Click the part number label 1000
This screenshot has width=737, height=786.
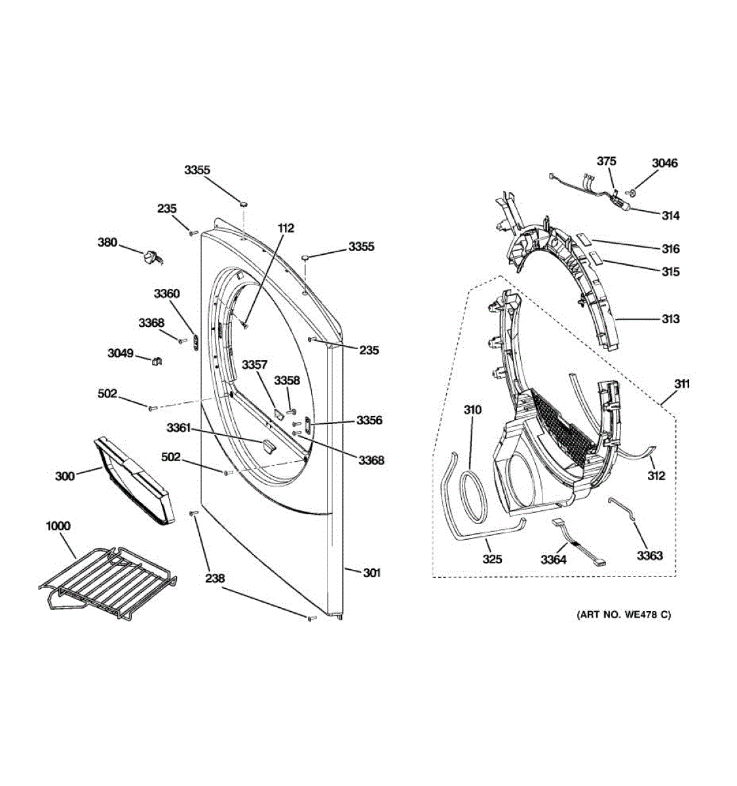click(x=58, y=526)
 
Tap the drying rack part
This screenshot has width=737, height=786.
click(x=111, y=580)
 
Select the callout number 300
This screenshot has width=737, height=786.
click(x=65, y=476)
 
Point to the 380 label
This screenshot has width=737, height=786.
click(x=107, y=242)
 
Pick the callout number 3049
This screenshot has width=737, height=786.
click(x=120, y=354)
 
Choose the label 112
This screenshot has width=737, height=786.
click(x=286, y=229)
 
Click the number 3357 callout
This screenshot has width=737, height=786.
click(x=254, y=364)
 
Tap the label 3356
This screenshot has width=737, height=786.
click(x=369, y=421)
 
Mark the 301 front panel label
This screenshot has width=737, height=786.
click(x=371, y=573)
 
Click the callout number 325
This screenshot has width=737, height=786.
click(x=493, y=559)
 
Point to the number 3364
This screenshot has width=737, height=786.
click(x=554, y=560)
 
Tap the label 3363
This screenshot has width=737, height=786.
click(x=650, y=555)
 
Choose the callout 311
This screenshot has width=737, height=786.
click(x=682, y=384)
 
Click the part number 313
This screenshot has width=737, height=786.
click(x=670, y=319)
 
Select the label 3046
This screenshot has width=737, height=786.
click(x=665, y=163)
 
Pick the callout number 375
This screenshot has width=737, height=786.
click(x=606, y=161)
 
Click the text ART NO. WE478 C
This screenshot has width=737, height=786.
click(x=624, y=615)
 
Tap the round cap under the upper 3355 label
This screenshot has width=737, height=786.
click(x=243, y=204)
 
